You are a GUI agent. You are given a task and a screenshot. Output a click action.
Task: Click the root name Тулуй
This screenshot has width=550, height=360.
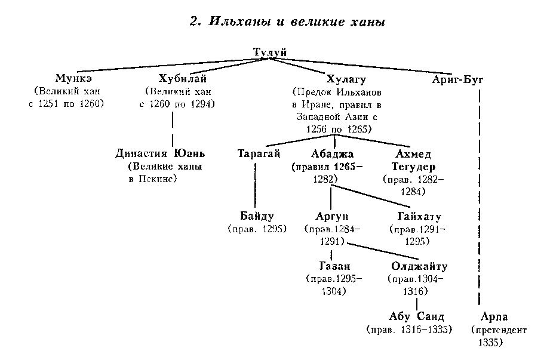point(270,52)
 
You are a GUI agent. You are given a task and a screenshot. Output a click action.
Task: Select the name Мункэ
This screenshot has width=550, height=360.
point(73,78)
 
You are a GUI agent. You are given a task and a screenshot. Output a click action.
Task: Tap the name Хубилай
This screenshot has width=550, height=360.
point(182,78)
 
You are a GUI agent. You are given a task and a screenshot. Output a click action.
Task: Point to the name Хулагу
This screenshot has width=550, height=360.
point(346,79)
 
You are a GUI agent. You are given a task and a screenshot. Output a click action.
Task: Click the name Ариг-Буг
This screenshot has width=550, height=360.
point(457,79)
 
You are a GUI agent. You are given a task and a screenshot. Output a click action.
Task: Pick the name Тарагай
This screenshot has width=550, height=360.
point(259,153)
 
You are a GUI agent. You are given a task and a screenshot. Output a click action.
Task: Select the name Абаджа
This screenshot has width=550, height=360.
point(332,154)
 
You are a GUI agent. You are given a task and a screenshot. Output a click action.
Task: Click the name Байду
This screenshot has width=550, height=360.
point(257,216)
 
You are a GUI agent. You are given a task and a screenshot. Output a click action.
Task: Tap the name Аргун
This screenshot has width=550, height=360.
point(332,216)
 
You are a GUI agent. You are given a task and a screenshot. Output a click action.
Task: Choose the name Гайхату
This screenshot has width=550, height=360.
point(419,216)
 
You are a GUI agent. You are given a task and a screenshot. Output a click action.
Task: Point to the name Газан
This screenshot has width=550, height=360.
point(334,266)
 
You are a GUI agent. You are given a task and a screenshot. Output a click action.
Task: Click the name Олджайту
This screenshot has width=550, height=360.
point(419,266)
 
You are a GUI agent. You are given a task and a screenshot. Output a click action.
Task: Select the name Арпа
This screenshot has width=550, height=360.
point(494,317)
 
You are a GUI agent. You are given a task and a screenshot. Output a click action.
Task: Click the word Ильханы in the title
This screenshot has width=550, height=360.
point(240,21)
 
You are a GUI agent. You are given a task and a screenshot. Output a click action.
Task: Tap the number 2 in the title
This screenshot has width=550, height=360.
point(194,21)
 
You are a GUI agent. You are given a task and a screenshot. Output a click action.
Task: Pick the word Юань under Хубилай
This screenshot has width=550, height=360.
point(189,153)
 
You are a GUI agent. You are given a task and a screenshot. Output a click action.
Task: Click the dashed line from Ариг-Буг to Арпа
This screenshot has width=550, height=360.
point(480,198)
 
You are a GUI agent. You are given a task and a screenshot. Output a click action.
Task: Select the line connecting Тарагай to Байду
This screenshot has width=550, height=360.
point(255,184)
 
